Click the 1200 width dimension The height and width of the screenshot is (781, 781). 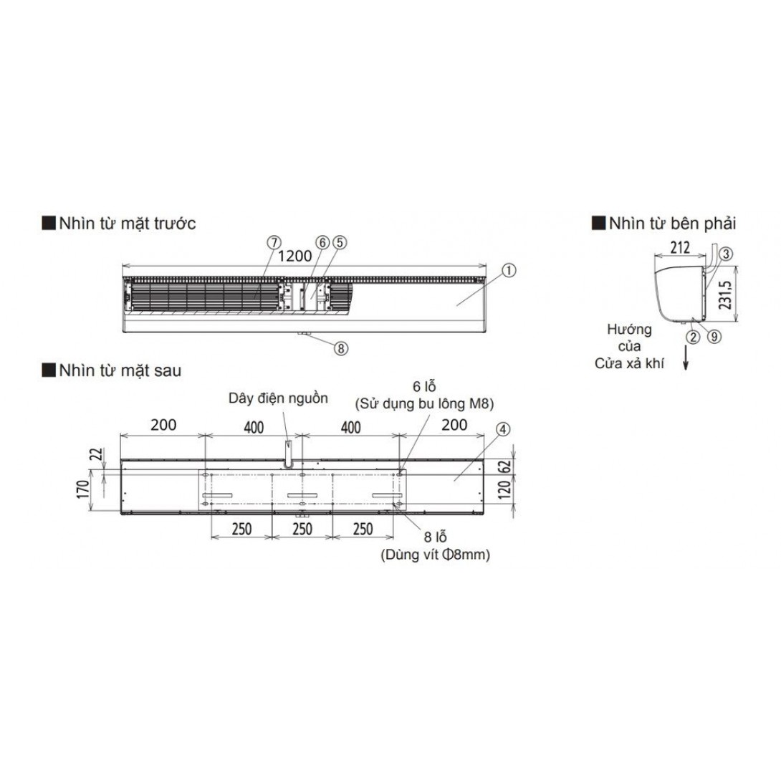coord(295,256)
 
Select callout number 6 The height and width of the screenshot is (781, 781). coord(323,243)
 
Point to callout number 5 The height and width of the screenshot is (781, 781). coord(340,243)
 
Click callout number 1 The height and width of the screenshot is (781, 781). coord(509,270)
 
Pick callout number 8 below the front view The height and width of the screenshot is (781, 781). coord(340,348)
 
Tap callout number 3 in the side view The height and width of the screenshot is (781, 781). coord(726,254)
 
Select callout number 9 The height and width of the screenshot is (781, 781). coord(714,337)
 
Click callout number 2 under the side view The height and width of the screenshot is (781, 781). coord(693,337)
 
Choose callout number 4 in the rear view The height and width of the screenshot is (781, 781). coord(503,429)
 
